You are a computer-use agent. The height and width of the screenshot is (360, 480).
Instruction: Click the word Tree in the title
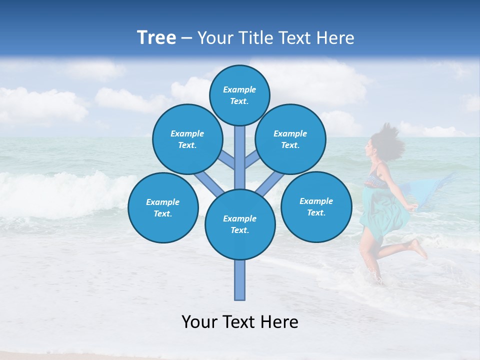(x=156, y=37)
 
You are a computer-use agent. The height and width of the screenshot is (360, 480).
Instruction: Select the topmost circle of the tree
(x=239, y=95)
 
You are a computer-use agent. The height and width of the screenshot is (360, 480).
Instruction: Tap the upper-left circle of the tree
(x=187, y=139)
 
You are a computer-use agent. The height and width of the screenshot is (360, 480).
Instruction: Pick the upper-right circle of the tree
(x=290, y=139)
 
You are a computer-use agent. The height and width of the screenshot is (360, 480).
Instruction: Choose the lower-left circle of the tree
(x=162, y=207)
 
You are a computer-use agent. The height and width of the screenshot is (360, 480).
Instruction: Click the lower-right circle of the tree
(x=316, y=206)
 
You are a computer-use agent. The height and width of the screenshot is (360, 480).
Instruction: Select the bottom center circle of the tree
(x=239, y=224)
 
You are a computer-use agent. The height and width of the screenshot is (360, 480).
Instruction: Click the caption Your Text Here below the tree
(x=239, y=322)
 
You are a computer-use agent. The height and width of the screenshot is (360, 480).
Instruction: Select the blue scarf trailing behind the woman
(x=432, y=192)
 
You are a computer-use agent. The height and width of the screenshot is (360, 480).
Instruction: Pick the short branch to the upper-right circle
(x=252, y=161)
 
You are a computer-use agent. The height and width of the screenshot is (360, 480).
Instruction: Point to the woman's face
(x=371, y=148)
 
